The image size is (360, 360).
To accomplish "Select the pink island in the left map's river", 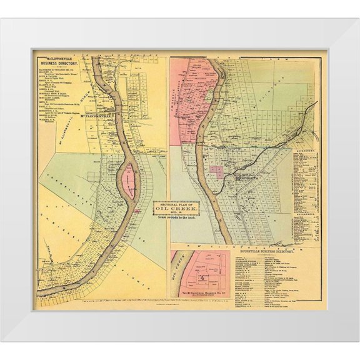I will (129, 181).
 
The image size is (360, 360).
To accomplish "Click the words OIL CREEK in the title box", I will (177, 210).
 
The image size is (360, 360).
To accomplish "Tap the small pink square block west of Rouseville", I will (217, 171).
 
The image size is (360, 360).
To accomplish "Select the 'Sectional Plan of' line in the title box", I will (177, 204).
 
